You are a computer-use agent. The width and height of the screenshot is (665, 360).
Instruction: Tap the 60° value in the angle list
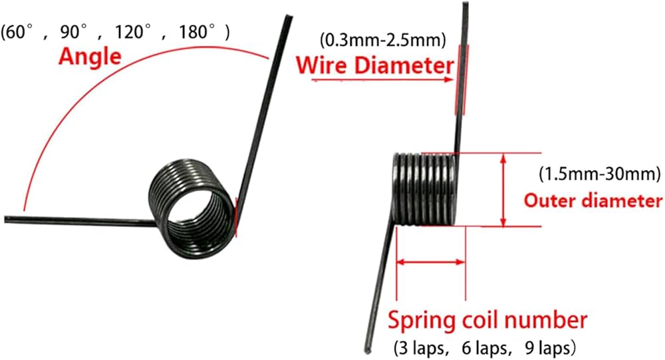coord(18,31)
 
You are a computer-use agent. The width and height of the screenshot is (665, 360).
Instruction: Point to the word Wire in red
coord(319,66)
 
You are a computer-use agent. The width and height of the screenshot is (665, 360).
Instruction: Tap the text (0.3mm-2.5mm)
coord(382,41)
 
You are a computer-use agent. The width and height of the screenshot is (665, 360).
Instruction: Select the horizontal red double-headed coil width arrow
coord(430,262)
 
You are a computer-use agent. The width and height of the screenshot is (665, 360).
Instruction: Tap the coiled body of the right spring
coord(426,188)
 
